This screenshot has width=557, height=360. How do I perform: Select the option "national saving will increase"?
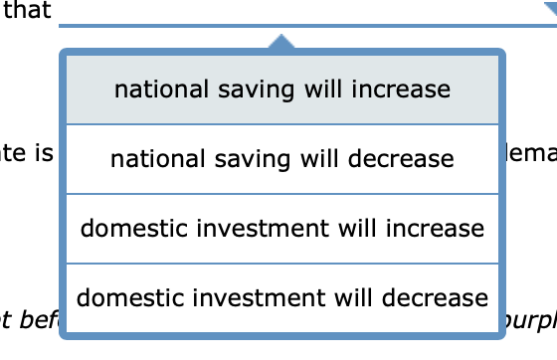[x=282, y=90]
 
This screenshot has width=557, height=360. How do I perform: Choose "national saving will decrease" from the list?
[x=282, y=159]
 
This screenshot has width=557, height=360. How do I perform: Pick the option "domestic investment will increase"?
[x=282, y=229]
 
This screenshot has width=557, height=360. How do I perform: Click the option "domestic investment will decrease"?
[x=282, y=297]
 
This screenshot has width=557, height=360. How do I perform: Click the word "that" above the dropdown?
[x=28, y=12]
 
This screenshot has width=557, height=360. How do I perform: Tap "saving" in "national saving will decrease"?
[x=242, y=160]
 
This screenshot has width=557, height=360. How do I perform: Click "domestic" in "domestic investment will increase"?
[x=127, y=229]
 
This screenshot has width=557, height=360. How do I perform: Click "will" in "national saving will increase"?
[x=331, y=90]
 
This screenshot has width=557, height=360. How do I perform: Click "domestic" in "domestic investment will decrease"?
[x=123, y=297]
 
